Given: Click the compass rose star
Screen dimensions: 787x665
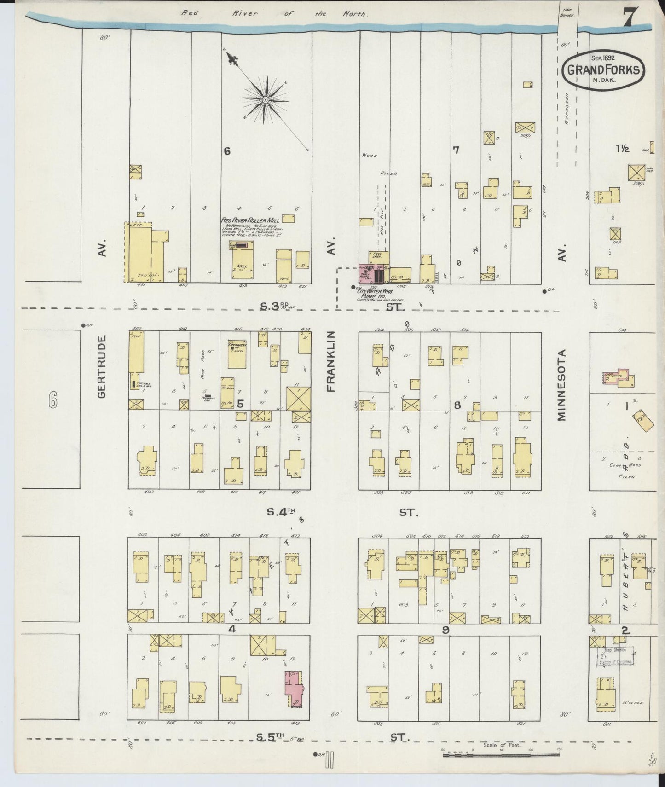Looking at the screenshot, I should tap(266, 100).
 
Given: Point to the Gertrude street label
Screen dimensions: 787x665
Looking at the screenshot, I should tap(102, 366).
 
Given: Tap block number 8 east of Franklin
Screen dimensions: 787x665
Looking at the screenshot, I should tap(457, 405).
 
